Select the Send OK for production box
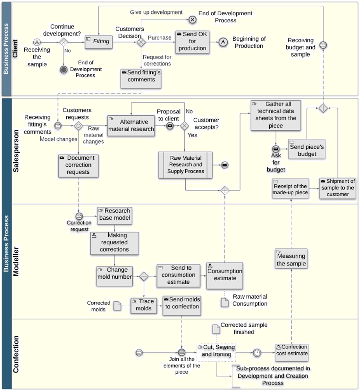pyautogui.click(x=192, y=42)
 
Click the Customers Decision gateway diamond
pyautogui.click(x=141, y=42)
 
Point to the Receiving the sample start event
pyautogui.click(x=37, y=42)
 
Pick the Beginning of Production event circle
pyautogui.click(x=223, y=42)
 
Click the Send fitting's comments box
pyautogui.click(x=141, y=77)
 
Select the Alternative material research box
pyautogui.click(x=131, y=126)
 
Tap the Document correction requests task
pyautogui.click(x=78, y=165)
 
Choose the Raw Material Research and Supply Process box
pyautogui.click(x=186, y=165)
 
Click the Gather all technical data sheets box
pyautogui.click(x=276, y=115)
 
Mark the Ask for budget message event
pyautogui.click(x=276, y=149)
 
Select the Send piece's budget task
pyautogui.click(x=307, y=149)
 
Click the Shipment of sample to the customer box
pyautogui.click(x=337, y=188)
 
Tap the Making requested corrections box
pyautogui.click(x=114, y=242)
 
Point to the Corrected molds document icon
pyautogui.click(x=117, y=306)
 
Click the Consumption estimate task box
pyautogui.click(x=225, y=275)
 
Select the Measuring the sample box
pyautogui.click(x=291, y=259)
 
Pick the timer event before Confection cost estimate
pyautogui.click(x=257, y=353)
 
